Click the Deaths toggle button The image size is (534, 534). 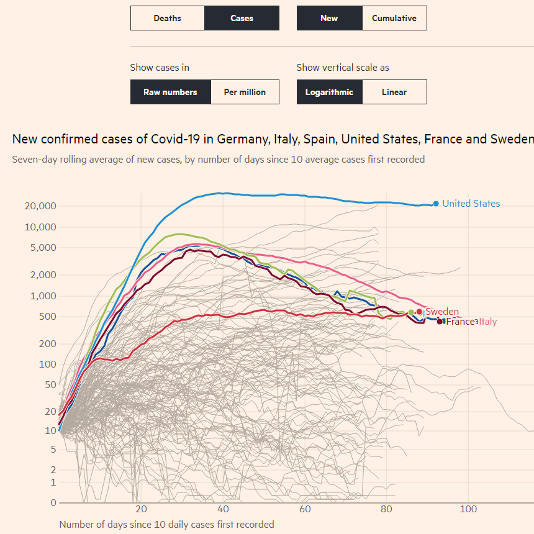point(167,18)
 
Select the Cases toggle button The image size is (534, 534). point(242,18)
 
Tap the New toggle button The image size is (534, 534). point(329,18)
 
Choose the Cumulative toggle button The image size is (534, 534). point(394,18)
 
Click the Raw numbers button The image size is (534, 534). point(170,92)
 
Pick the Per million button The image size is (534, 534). point(245,92)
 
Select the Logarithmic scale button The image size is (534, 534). point(329,92)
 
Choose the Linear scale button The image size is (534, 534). point(394,92)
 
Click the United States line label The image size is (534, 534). point(471,204)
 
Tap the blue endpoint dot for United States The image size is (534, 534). point(436,204)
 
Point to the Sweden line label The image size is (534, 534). point(442,312)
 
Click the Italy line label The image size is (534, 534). point(487,322)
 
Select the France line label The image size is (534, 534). point(460,322)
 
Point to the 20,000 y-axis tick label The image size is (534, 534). point(40,206)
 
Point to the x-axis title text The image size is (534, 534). point(166,524)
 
